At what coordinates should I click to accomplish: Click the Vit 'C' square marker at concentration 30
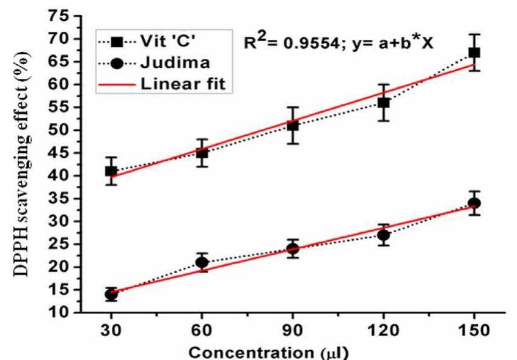click(x=111, y=171)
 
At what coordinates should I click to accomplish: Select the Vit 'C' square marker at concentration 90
click(x=293, y=125)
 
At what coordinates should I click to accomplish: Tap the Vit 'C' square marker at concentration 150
click(x=474, y=53)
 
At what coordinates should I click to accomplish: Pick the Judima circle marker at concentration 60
click(x=202, y=262)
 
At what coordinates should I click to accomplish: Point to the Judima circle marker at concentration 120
click(x=384, y=235)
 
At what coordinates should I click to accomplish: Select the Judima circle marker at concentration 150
click(x=474, y=203)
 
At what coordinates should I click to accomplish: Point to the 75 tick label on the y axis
click(x=59, y=16)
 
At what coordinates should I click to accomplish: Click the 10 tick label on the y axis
click(x=59, y=313)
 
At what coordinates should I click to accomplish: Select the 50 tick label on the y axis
click(x=59, y=130)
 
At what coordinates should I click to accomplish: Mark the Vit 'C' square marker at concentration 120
click(x=384, y=103)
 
